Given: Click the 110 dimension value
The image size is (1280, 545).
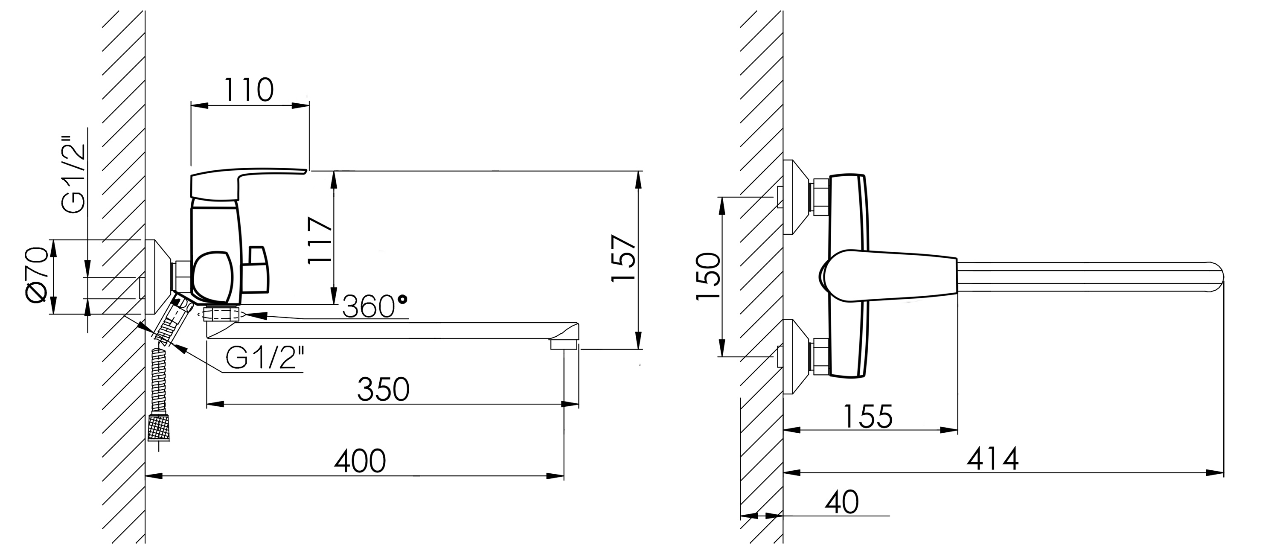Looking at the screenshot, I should [x=248, y=91].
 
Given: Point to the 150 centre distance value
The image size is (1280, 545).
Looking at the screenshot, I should [x=708, y=276].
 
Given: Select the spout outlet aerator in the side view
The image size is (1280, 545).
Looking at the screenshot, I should [x=564, y=344].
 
